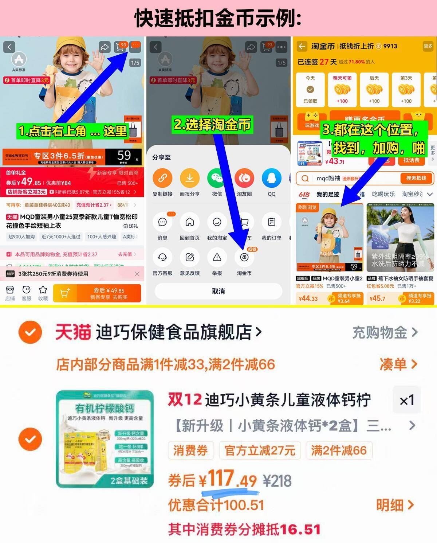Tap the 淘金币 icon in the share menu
tap(244, 257)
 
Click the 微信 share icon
tap(217, 178)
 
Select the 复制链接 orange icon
tap(162, 178)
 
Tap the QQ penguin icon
tap(272, 178)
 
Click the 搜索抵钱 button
tap(416, 178)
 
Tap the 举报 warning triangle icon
tap(217, 257)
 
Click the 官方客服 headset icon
tap(162, 257)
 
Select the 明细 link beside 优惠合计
tap(395, 505)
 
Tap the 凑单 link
tap(398, 364)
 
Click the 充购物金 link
tap(385, 332)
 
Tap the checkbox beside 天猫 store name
tap(30, 332)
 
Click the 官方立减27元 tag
tap(260, 450)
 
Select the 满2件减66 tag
tap(338, 450)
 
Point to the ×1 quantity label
tap(406, 401)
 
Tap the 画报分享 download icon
tap(190, 178)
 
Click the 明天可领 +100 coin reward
tap(342, 90)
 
